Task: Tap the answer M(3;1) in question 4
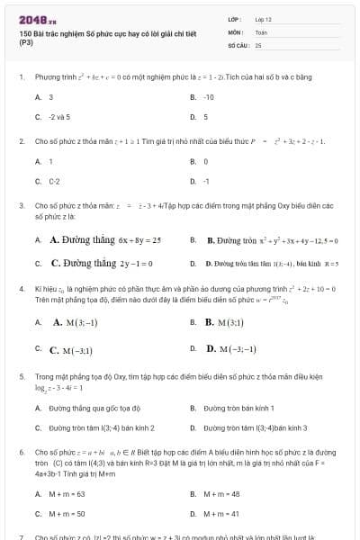(222, 321)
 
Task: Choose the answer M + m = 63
(67, 493)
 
